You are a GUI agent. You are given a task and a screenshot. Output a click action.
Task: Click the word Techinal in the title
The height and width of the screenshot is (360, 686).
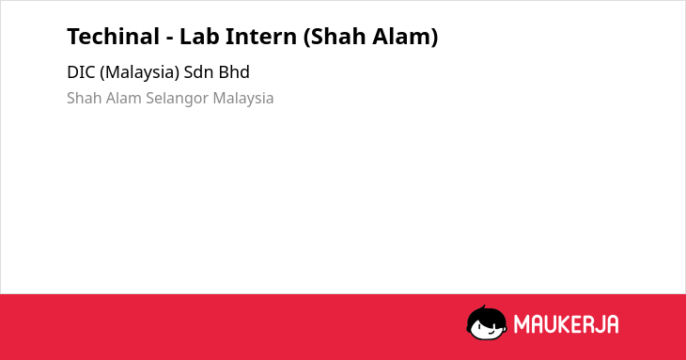(114, 37)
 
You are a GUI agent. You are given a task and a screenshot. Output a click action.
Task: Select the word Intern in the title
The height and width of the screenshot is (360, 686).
(260, 37)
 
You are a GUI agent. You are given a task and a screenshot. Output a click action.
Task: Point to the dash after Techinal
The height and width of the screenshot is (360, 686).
(170, 39)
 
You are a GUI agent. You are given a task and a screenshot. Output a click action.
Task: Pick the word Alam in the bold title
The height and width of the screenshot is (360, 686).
(405, 37)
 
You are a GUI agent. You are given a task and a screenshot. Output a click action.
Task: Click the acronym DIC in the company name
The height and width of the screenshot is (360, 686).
(81, 72)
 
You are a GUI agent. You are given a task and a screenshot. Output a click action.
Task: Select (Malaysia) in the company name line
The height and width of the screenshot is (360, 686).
(140, 72)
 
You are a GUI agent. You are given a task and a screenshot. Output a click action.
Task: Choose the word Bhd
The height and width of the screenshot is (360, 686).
(234, 72)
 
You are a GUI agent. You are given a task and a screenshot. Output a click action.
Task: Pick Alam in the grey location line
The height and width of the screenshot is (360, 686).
(124, 98)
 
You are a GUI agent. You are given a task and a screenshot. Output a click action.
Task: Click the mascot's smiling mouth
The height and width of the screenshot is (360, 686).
(491, 333)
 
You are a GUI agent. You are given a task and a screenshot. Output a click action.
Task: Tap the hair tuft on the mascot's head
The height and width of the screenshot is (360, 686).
(484, 307)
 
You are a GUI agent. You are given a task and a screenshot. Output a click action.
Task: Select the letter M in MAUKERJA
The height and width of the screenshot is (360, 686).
(522, 324)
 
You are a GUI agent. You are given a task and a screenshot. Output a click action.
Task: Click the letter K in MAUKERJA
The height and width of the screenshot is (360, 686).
(569, 324)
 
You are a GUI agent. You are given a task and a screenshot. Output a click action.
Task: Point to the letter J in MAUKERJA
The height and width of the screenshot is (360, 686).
(601, 324)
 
